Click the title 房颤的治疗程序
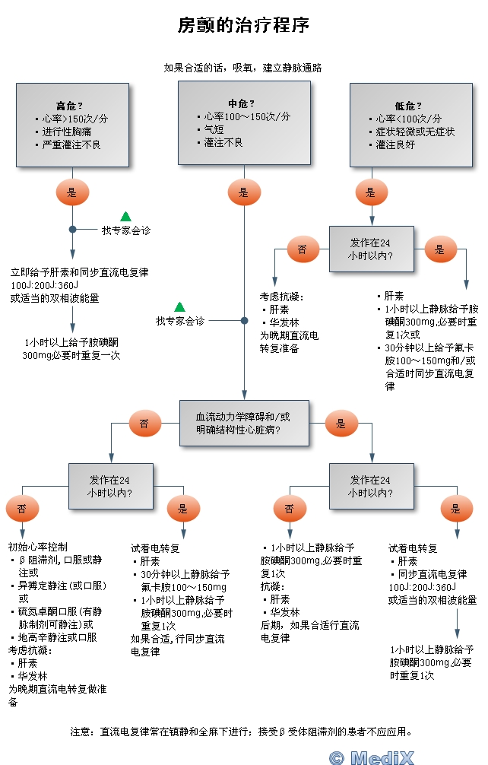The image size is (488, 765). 243,26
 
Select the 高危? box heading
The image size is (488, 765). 69,105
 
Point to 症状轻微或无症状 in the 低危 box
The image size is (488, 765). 415,132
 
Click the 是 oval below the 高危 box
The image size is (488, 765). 72,193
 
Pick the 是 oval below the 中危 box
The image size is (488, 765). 243,193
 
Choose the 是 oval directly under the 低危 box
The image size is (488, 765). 371,193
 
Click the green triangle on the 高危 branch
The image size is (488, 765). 125,217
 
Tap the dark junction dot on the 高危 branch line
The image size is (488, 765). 72,229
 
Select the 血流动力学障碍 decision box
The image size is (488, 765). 243,424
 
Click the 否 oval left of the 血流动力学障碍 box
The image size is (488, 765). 144,424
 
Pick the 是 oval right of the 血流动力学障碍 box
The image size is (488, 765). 341,424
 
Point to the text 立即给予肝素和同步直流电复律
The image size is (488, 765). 79,272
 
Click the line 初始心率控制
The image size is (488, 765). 38,547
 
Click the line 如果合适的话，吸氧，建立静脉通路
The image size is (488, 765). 243,68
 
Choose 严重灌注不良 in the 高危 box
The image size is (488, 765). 71,144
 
